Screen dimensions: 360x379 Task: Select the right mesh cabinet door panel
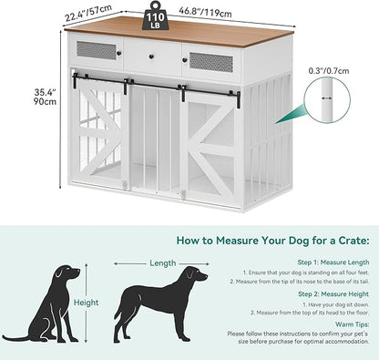(211, 62)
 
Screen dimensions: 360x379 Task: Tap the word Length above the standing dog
(162, 262)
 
